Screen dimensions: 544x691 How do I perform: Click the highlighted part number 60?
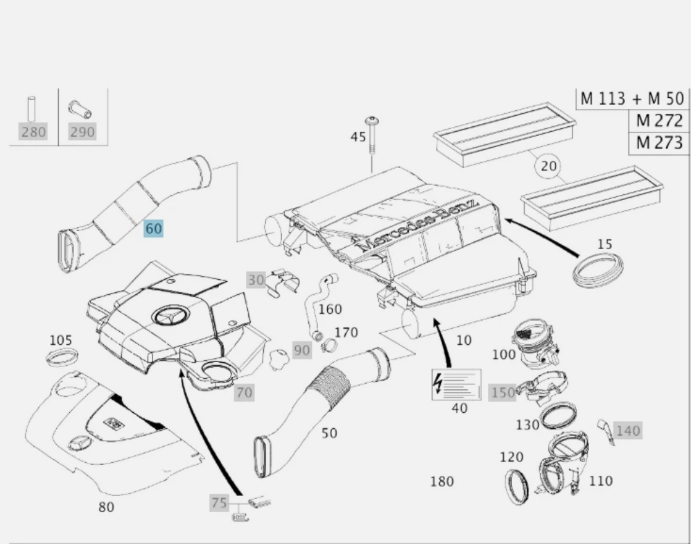point(153,228)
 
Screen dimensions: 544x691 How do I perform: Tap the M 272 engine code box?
point(659,120)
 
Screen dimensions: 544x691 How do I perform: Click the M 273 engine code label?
point(659,143)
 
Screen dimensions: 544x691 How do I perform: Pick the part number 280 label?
point(33,132)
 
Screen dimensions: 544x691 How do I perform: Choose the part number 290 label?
point(82,132)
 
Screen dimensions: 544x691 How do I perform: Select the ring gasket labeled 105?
point(61,358)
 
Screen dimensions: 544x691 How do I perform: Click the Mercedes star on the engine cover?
point(168,318)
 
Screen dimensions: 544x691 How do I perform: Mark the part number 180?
point(441,481)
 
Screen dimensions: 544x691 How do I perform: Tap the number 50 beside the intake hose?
point(329,433)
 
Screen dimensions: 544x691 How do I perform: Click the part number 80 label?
point(106,507)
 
